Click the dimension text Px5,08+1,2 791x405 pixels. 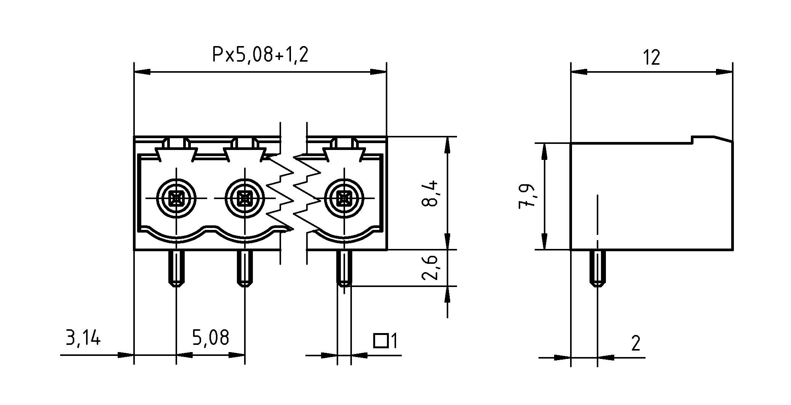tap(260, 55)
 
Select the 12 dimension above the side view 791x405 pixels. tap(651, 57)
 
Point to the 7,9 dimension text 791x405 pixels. tap(527, 196)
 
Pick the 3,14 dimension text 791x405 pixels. tap(83, 338)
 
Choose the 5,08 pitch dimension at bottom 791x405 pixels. tap(210, 338)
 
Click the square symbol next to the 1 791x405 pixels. tap(380, 341)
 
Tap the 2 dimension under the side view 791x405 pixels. tap(636, 343)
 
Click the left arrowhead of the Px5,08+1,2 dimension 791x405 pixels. tap(142, 72)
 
